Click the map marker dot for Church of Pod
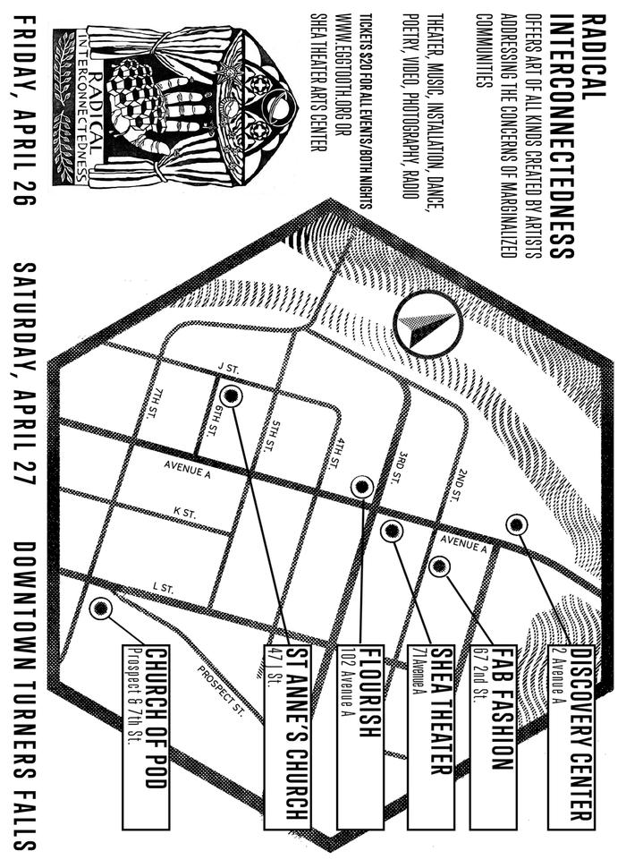(101, 608)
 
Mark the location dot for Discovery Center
(516, 525)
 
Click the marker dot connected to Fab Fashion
(439, 566)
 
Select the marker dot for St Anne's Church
(231, 396)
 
